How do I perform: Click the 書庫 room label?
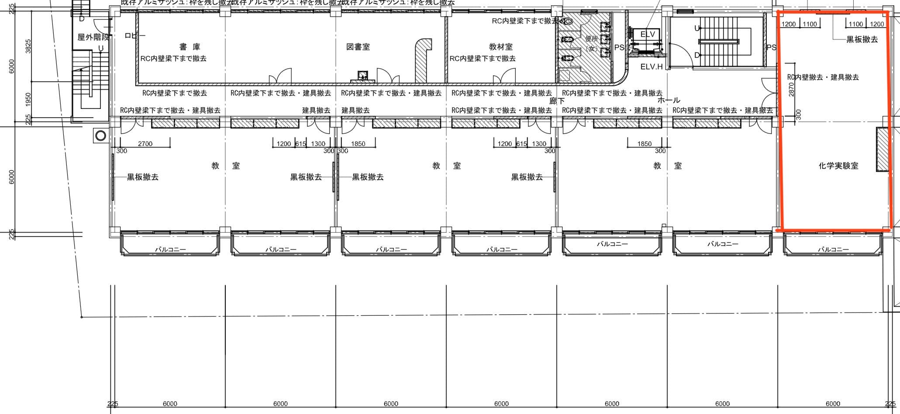(190, 47)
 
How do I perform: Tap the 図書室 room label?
(358, 47)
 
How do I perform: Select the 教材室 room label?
(500, 47)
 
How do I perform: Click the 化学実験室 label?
(838, 166)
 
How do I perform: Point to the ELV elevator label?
(648, 34)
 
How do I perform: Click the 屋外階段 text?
(93, 38)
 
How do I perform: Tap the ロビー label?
(135, 36)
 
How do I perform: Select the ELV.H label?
(652, 67)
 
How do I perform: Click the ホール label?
(669, 101)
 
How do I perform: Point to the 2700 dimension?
(145, 143)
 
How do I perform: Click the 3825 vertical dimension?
(28, 46)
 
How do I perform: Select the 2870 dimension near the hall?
(791, 90)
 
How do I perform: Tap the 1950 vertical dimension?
(28, 99)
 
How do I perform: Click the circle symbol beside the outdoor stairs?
(100, 136)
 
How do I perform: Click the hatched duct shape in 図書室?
(422, 59)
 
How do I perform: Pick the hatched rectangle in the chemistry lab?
(883, 150)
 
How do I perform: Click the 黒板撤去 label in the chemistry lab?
(862, 39)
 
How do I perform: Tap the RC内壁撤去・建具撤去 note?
(823, 77)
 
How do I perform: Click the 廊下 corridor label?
(557, 101)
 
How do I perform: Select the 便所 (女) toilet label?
(591, 44)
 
